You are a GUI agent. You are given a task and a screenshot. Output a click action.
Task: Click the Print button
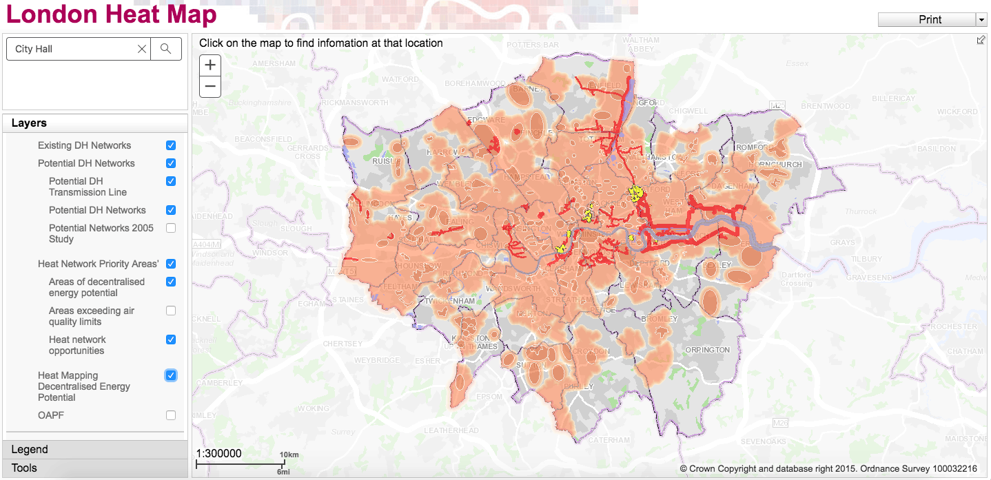927,20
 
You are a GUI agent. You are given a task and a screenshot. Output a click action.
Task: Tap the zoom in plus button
210,65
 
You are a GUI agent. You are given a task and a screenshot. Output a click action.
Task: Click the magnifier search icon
165,49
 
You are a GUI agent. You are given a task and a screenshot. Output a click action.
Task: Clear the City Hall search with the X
142,49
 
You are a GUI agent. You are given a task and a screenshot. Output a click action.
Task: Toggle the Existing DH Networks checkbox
171,145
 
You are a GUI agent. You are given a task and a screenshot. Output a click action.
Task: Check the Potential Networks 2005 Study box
171,228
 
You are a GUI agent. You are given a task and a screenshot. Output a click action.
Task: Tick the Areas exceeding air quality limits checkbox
171,311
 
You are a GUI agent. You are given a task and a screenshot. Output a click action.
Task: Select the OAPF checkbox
171,415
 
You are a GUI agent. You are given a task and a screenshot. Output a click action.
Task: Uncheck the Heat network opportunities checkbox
171,340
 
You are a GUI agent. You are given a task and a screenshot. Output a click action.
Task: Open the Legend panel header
95,450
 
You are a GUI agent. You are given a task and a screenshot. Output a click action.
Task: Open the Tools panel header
95,468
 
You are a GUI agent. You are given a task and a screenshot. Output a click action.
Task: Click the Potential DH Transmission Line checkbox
171,181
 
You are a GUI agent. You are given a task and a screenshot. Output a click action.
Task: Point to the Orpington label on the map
708,350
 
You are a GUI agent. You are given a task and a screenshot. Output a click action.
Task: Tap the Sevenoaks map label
763,441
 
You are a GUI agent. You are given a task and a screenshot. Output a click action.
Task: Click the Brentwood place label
826,106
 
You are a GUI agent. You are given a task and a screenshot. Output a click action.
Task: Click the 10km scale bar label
289,455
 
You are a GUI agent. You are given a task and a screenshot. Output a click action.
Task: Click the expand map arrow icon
981,40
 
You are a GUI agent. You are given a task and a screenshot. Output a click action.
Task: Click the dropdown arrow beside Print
981,20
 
